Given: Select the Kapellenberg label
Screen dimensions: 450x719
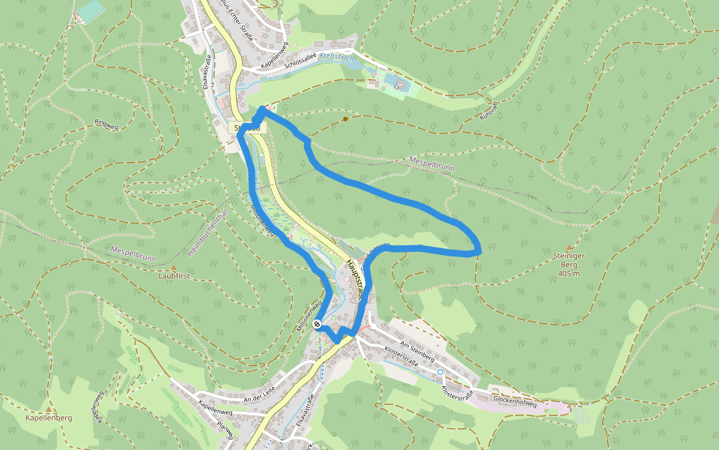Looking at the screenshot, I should coord(48,418).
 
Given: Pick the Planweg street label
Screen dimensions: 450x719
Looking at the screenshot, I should coord(225,430).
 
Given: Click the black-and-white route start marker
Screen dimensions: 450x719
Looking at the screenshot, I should coord(318,325).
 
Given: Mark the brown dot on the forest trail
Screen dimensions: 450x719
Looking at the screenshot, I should coord(345,118).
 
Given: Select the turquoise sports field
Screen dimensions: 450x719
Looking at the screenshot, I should coord(91,10).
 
